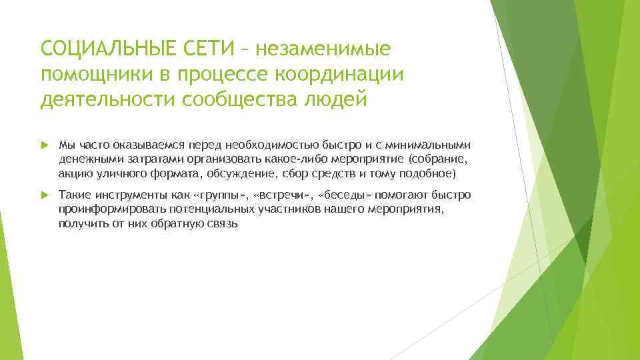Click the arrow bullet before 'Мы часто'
pyautogui.click(x=45, y=145)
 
